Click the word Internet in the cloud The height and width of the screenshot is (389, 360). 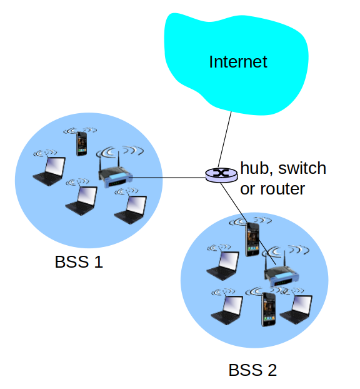click(238, 61)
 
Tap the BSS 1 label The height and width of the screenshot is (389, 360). click(79, 262)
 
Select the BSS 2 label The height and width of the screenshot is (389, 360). click(252, 370)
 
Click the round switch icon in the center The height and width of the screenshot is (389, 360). click(221, 175)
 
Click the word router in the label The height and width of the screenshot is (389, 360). click(282, 189)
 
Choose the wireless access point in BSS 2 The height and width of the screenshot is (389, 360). click(281, 270)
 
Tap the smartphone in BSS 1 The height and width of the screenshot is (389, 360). click(82, 144)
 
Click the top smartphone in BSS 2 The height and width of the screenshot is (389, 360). click(252, 240)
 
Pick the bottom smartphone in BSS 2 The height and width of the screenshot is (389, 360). click(269, 310)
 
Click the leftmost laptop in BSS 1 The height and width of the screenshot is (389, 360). click(49, 171)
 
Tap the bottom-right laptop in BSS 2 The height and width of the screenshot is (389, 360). click(296, 310)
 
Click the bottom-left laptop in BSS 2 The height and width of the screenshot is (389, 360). click(227, 310)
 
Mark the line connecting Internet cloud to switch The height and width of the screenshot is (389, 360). click(224, 139)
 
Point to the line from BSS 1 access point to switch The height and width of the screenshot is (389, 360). click(169, 178)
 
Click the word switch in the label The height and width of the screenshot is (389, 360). click(302, 168)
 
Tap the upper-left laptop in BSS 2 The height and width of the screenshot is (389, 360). click(222, 266)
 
